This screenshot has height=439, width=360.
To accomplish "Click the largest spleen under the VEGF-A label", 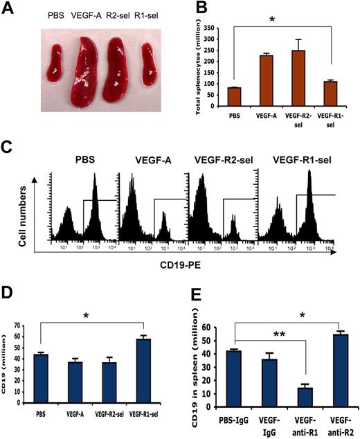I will coord(93,69).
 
